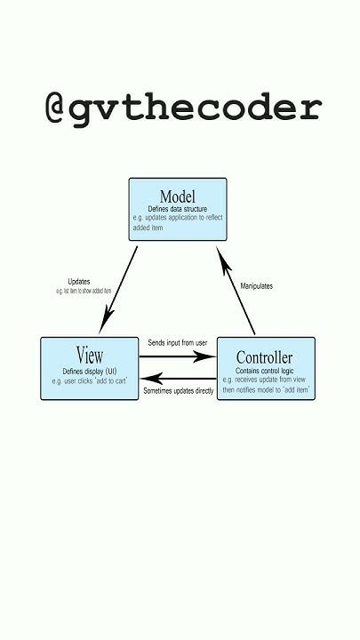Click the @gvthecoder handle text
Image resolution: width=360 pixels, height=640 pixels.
tap(182, 108)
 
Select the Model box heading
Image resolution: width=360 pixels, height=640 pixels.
tap(178, 196)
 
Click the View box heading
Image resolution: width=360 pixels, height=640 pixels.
tap(90, 354)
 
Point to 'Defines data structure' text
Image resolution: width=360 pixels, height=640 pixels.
tap(178, 209)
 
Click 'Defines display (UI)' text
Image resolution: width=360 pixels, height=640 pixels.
tap(90, 370)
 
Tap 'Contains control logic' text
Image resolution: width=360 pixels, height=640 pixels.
tap(266, 371)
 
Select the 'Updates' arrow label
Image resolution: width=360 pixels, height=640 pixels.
tap(78, 282)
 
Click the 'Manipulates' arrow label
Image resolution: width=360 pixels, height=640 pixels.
tap(257, 285)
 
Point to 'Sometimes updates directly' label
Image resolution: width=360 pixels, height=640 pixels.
tap(178, 390)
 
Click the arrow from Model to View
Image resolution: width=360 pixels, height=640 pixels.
tap(122, 287)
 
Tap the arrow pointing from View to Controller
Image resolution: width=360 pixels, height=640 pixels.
tap(178, 356)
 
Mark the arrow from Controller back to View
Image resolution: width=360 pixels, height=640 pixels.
tap(178, 377)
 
